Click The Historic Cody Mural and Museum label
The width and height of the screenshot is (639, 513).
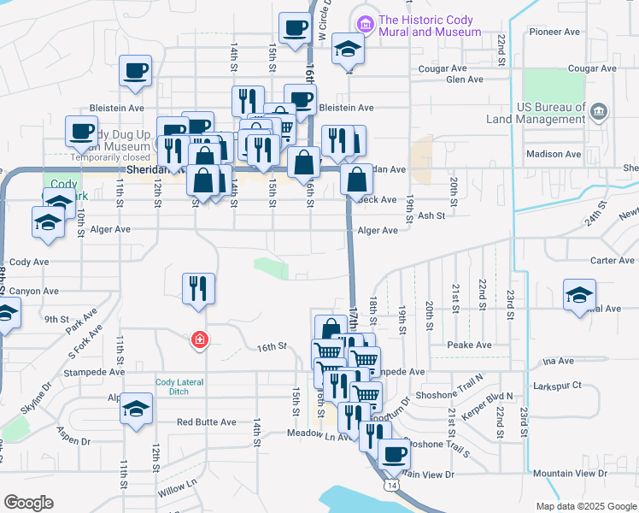[430, 26]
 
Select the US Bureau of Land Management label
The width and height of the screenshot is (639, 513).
[551, 115]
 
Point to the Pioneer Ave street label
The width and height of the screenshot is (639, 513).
[554, 32]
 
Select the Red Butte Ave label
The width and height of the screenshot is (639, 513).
[206, 422]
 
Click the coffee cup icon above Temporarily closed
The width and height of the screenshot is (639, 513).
[82, 132]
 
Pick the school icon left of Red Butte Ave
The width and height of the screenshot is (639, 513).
[136, 407]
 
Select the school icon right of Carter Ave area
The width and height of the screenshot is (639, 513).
[579, 295]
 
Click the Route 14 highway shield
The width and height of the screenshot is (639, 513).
[391, 485]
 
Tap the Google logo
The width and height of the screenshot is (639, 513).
[29, 502]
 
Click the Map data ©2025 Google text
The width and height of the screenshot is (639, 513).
[585, 506]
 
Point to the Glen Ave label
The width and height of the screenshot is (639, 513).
[465, 80]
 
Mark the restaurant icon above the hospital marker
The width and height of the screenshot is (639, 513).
[198, 288]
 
